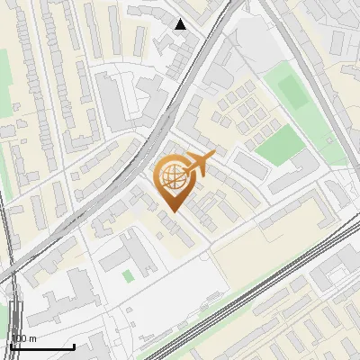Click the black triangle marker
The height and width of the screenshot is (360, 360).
pyautogui.click(x=181, y=24)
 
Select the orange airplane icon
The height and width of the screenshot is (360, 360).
pyautogui.click(x=196, y=166)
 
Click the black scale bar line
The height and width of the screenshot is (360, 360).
pyautogui.click(x=42, y=346)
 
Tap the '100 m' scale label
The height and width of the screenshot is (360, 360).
pyautogui.click(x=24, y=338)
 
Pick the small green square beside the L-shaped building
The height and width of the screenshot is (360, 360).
pyautogui.click(x=128, y=274)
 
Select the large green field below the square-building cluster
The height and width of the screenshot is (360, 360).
pyautogui.click(x=280, y=143)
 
